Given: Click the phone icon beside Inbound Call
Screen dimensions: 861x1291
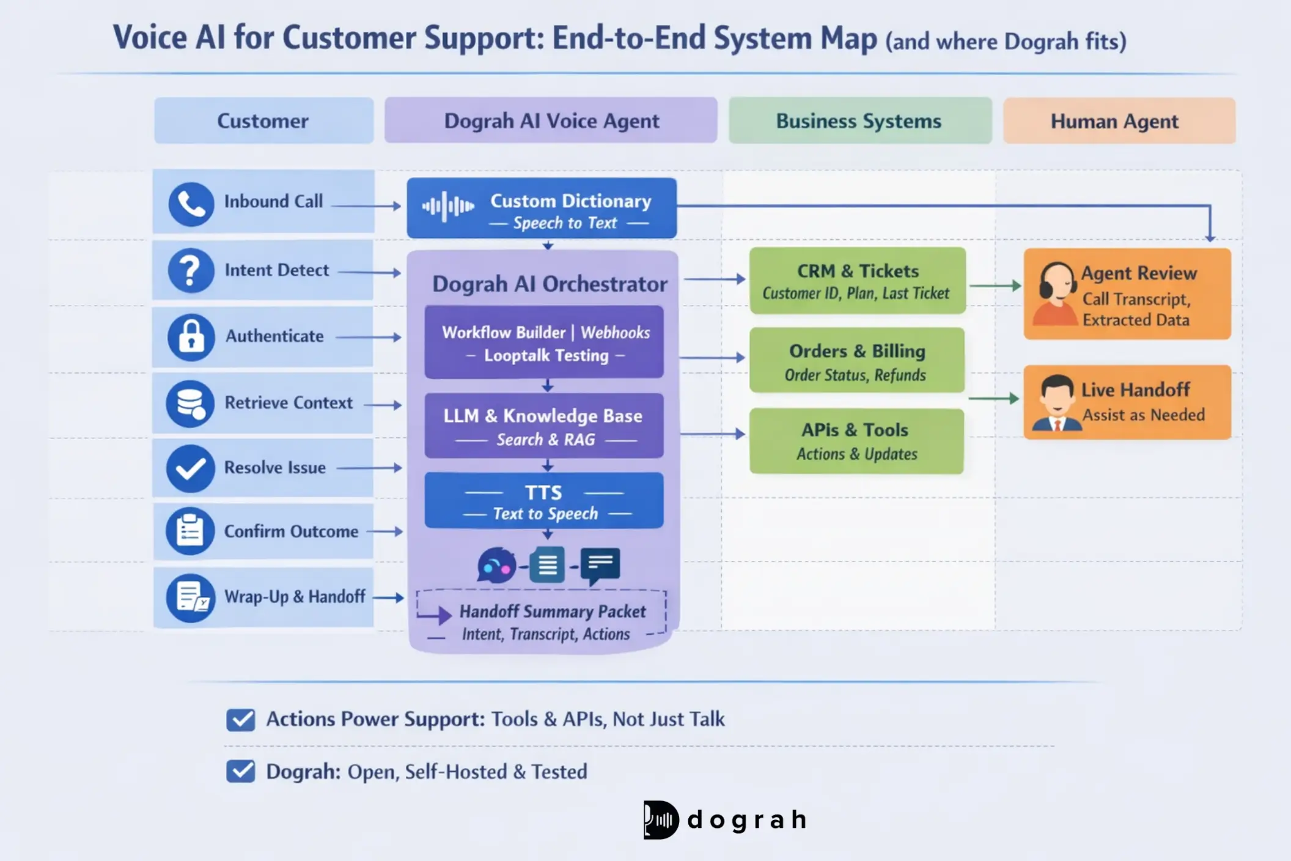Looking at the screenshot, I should pos(191,204).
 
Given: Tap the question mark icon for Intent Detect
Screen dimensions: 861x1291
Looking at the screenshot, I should pos(191,271).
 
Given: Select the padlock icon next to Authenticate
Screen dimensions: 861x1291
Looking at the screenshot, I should pos(191,337).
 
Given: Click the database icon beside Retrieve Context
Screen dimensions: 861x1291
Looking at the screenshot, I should pos(190,404).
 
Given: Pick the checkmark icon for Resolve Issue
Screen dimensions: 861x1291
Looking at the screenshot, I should pos(190,468).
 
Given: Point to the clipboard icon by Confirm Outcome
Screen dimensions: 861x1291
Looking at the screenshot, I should pos(190,531).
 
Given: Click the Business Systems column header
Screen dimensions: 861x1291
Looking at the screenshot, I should pos(859,121).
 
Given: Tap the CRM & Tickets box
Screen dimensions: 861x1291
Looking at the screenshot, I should pos(857,281).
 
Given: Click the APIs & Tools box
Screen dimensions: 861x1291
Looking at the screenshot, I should pos(856,441).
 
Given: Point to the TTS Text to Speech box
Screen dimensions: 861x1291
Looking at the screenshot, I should pos(543,501).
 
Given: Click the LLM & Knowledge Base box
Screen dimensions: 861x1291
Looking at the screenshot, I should pos(543,426).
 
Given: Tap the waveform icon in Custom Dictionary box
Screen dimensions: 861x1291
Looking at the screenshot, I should pos(448,207).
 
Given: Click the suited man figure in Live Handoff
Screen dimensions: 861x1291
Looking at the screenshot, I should pos(1056,403).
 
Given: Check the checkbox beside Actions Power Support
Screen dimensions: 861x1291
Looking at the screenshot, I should pos(241,720).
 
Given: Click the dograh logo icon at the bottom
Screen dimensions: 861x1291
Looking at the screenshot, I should pos(661,819).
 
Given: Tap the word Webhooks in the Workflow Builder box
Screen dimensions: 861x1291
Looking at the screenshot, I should pos(615,333).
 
